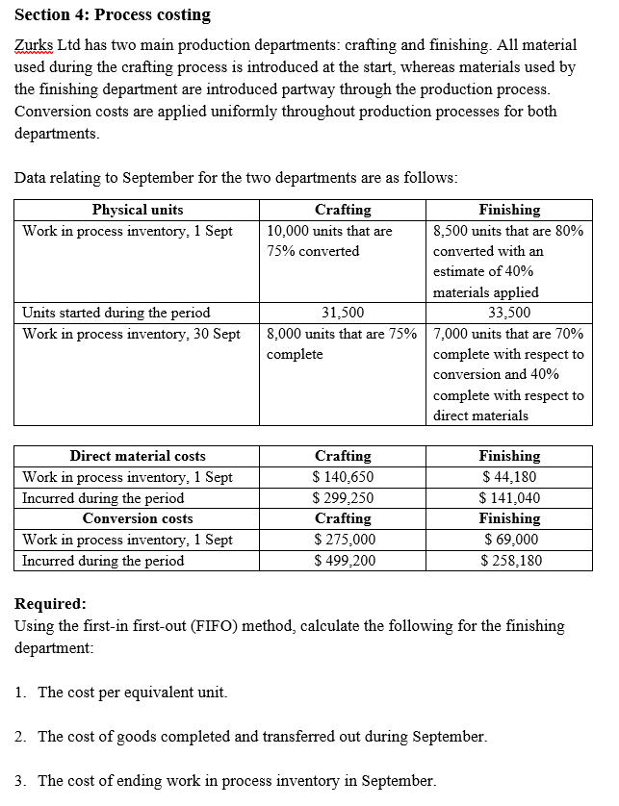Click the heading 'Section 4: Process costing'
(x=113, y=15)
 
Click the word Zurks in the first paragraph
(x=35, y=45)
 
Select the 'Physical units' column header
(x=137, y=210)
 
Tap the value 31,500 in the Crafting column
(x=343, y=313)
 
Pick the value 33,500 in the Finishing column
(x=509, y=313)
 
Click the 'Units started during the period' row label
(x=116, y=313)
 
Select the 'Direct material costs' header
(x=137, y=456)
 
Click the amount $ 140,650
(x=343, y=477)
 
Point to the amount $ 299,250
(x=343, y=498)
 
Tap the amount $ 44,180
(x=509, y=477)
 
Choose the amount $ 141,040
(x=509, y=498)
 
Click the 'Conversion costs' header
(x=137, y=518)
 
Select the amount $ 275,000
(x=343, y=540)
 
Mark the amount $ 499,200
(x=343, y=561)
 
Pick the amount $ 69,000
(x=509, y=540)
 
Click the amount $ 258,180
(x=509, y=561)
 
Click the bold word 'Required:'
(x=51, y=605)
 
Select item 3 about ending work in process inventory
(x=236, y=780)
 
